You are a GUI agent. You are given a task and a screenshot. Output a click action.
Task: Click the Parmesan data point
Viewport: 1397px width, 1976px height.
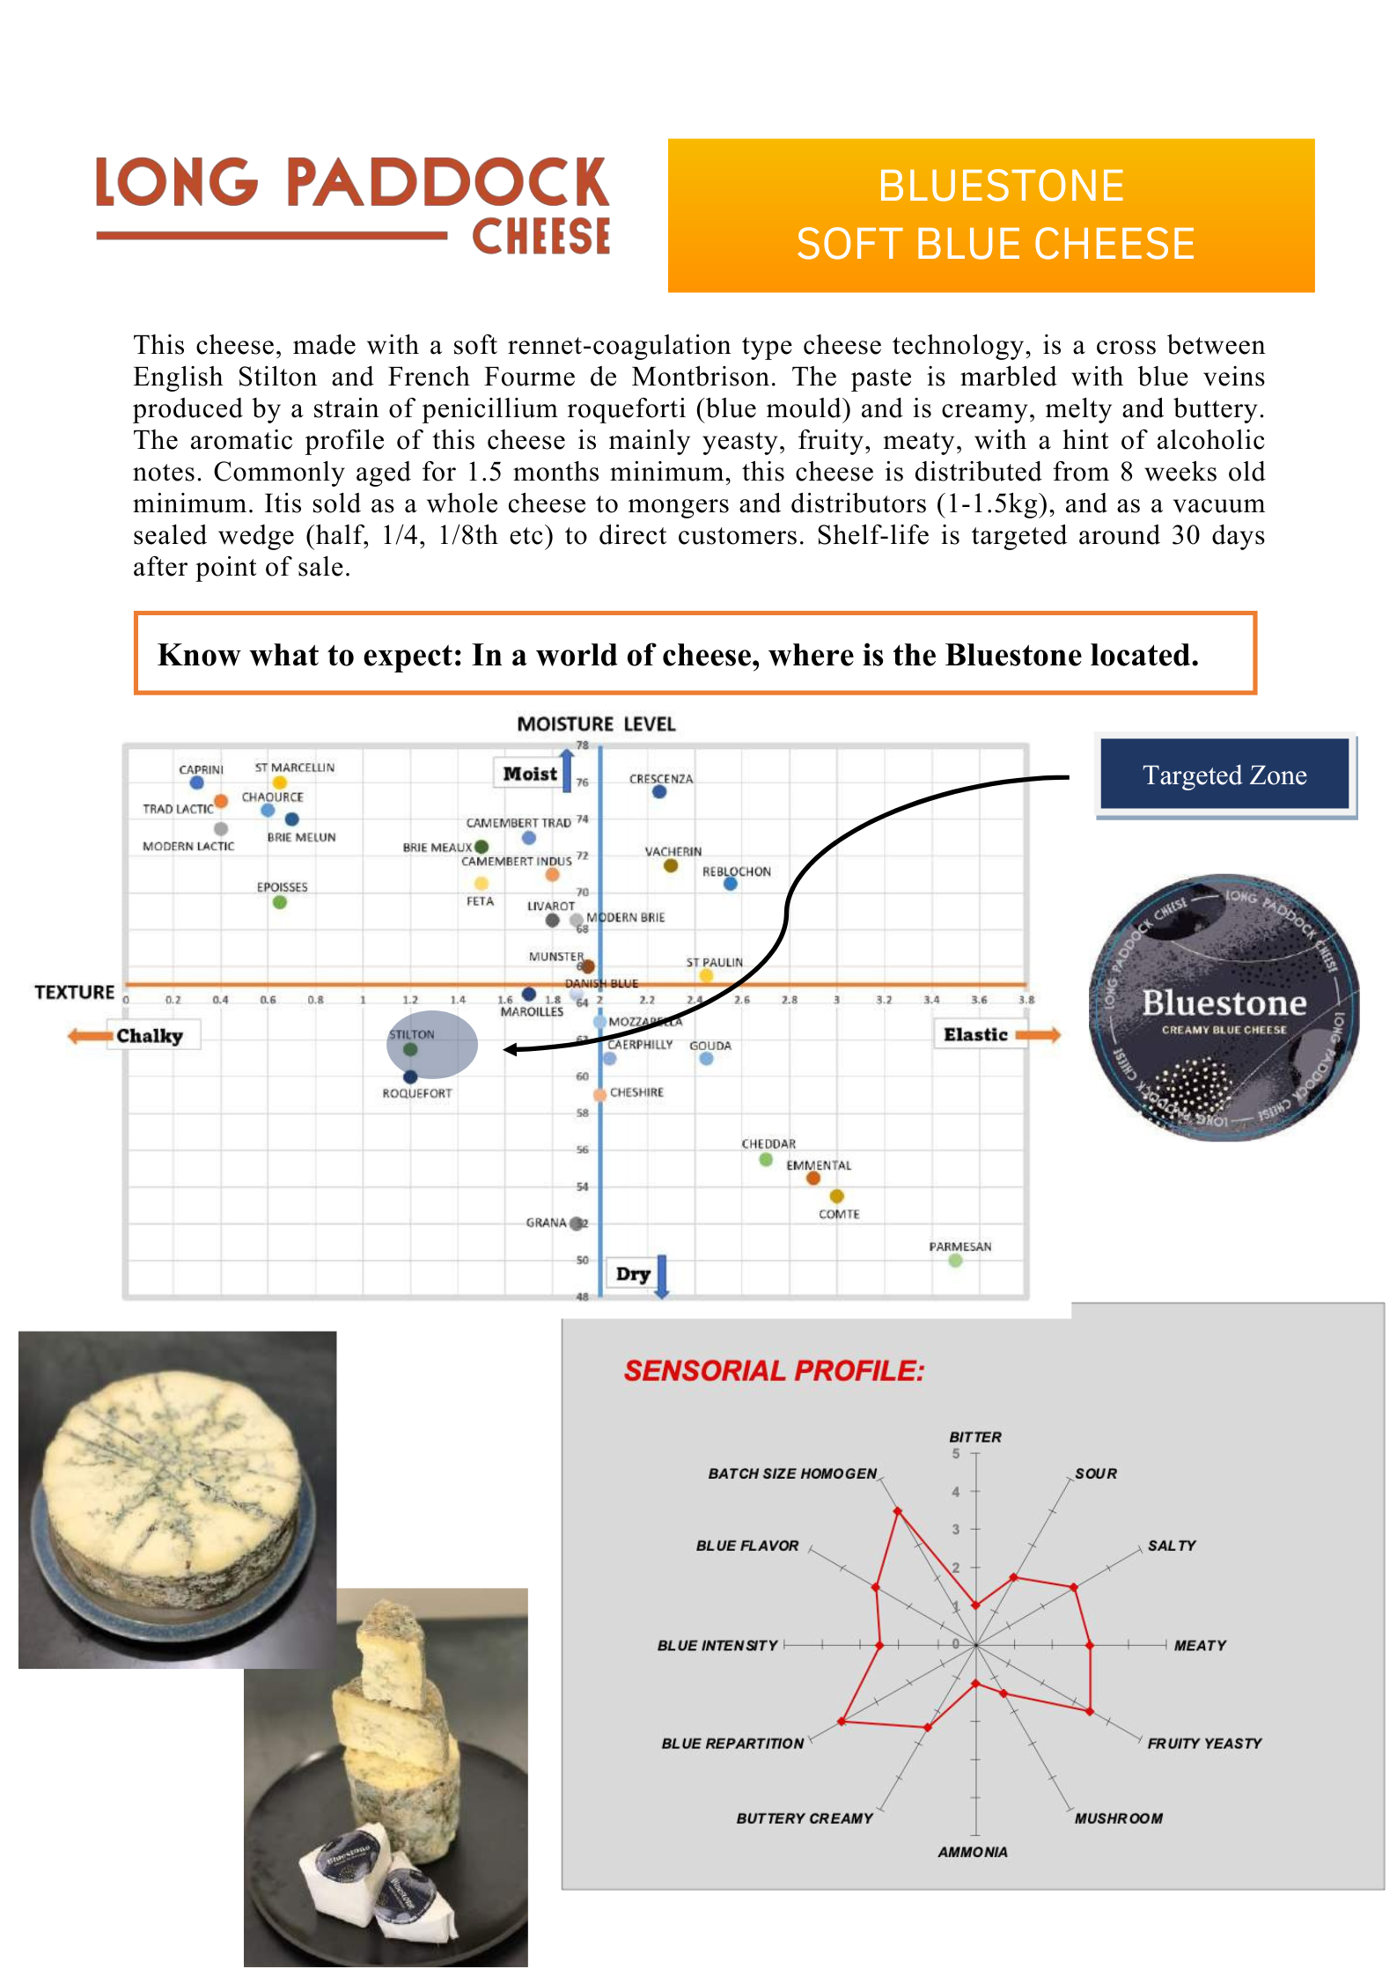[955, 1260]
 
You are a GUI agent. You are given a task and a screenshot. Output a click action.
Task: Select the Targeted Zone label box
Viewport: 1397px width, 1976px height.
[1224, 775]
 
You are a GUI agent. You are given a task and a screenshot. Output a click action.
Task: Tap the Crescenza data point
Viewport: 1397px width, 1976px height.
[659, 792]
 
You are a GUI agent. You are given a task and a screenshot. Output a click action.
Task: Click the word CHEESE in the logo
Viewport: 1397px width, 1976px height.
[540, 237]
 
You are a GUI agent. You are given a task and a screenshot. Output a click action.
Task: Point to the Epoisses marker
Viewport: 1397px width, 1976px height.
[280, 902]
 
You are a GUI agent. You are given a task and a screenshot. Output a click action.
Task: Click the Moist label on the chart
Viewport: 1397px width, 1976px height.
[529, 774]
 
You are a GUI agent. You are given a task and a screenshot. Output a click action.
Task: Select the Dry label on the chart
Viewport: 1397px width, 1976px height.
[633, 1274]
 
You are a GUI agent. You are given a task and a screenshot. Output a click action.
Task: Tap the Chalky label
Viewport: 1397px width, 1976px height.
[150, 1035]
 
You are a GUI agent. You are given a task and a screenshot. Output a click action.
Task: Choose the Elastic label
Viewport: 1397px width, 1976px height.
[975, 1034]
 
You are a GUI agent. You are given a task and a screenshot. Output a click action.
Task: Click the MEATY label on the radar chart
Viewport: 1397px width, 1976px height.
[1200, 1645]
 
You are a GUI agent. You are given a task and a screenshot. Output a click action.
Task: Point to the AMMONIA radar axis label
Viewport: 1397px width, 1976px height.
[972, 1852]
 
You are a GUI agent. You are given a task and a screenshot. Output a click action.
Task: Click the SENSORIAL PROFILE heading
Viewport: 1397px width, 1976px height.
[774, 1370]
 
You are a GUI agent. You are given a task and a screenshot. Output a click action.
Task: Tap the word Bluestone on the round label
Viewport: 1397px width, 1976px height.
[1224, 1003]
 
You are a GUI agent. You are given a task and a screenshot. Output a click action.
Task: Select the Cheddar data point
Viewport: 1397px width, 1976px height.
[766, 1159]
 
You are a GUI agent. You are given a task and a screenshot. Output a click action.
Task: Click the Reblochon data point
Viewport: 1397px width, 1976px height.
[730, 884]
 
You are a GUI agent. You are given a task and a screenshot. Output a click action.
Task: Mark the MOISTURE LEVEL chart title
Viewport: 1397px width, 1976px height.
[596, 724]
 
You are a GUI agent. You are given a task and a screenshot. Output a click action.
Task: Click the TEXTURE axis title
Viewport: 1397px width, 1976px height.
[75, 992]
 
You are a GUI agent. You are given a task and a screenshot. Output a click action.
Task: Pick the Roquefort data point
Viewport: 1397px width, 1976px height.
[410, 1076]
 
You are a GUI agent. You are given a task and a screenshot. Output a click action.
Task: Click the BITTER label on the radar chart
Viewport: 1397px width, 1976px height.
[974, 1436]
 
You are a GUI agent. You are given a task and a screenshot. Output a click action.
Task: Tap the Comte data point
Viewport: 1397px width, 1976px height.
[836, 1196]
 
